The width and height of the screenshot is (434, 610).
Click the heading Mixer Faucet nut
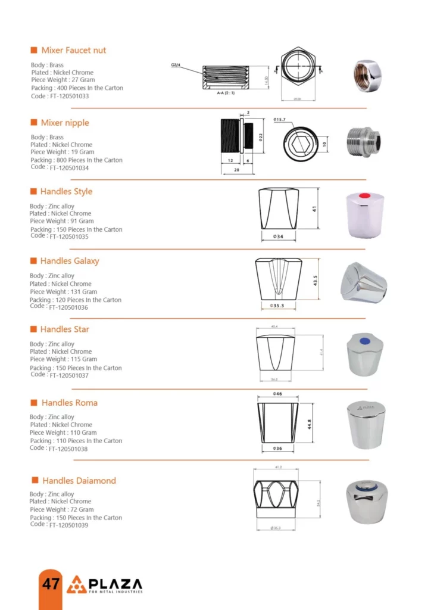[x=73, y=51]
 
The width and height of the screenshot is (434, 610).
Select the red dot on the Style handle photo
[x=365, y=197]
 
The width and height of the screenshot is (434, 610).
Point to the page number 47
[x=51, y=583]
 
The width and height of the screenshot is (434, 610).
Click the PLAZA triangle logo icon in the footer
[x=76, y=584]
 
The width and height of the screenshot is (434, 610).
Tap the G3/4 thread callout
[x=176, y=64]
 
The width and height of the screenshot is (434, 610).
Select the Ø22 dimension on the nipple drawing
[x=260, y=136]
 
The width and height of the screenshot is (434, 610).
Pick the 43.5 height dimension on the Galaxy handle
[x=316, y=280]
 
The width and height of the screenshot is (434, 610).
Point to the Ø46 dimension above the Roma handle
[x=277, y=394]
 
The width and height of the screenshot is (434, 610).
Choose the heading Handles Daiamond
[x=79, y=481]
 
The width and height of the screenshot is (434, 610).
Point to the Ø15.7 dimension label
[x=280, y=120]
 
